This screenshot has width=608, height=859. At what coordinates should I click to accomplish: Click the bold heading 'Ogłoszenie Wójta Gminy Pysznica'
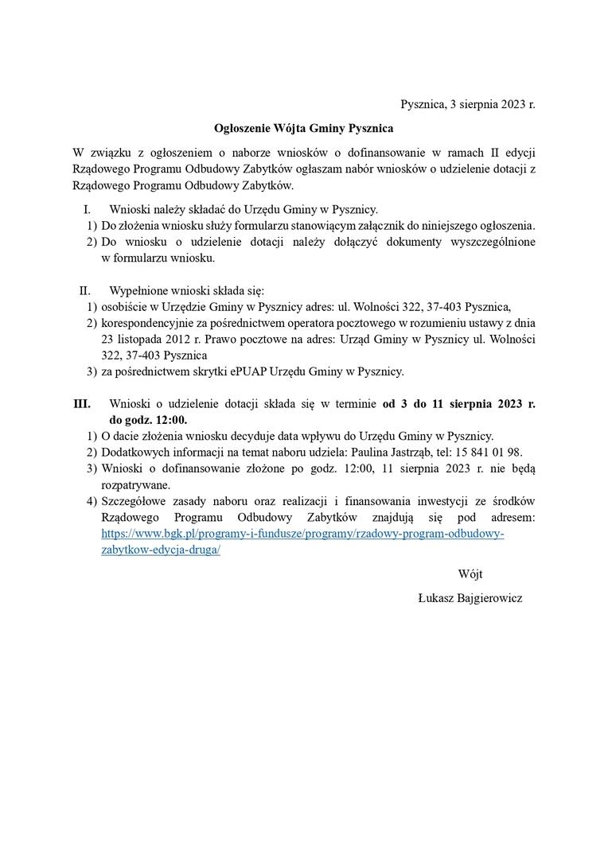304,127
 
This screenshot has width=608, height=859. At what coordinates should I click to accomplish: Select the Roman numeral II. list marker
85,290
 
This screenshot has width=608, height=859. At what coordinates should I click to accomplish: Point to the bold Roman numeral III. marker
83,404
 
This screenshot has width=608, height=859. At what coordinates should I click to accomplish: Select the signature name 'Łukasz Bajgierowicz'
470,597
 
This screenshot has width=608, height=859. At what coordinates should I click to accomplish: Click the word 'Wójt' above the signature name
470,573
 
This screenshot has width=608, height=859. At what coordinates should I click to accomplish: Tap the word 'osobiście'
126,307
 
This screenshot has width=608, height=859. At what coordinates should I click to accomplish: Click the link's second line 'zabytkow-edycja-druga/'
161,550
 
